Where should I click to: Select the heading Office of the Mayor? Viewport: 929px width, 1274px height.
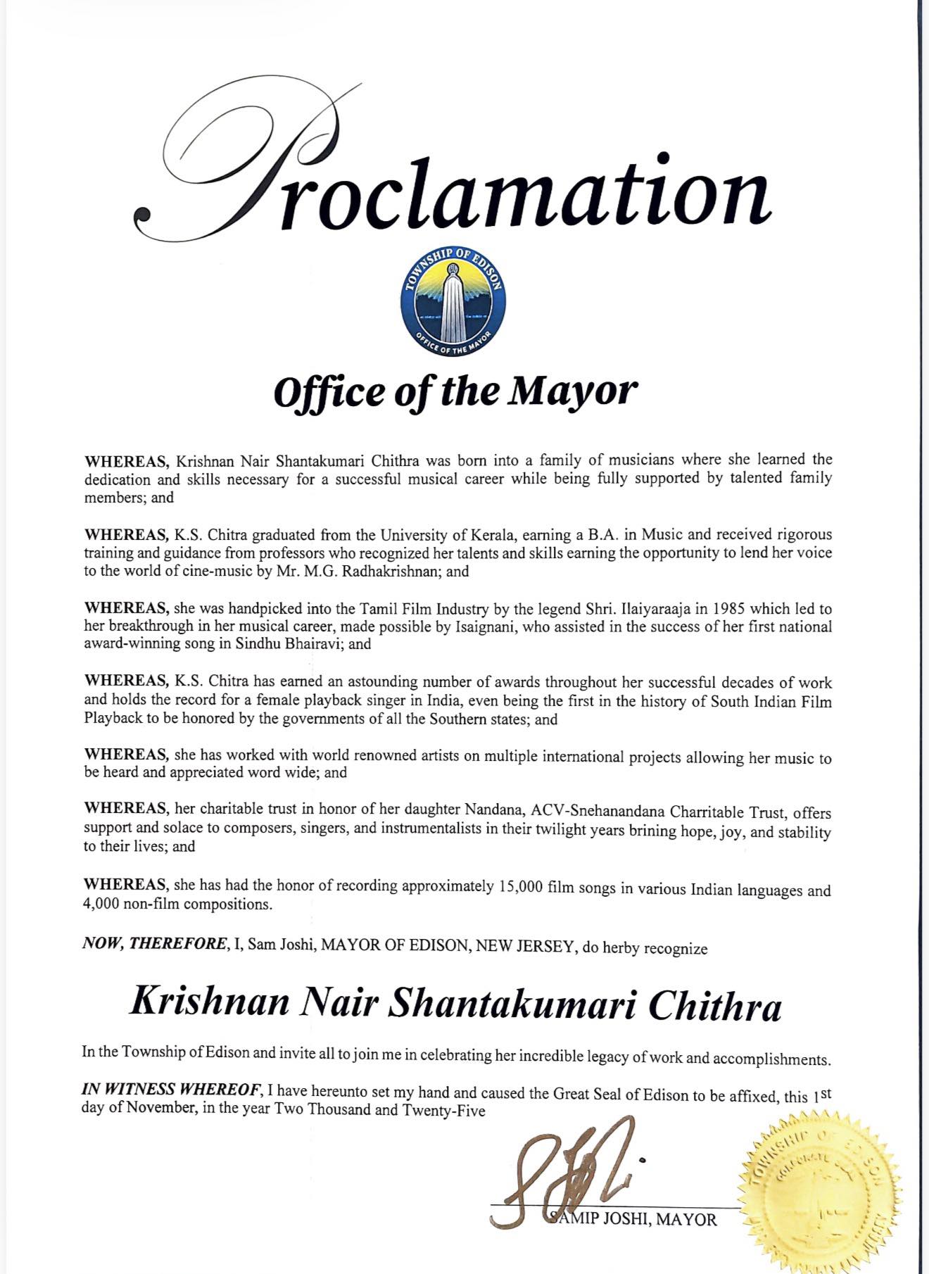pyautogui.click(x=455, y=391)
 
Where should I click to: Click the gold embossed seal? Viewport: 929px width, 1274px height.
pyautogui.click(x=819, y=1193)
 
